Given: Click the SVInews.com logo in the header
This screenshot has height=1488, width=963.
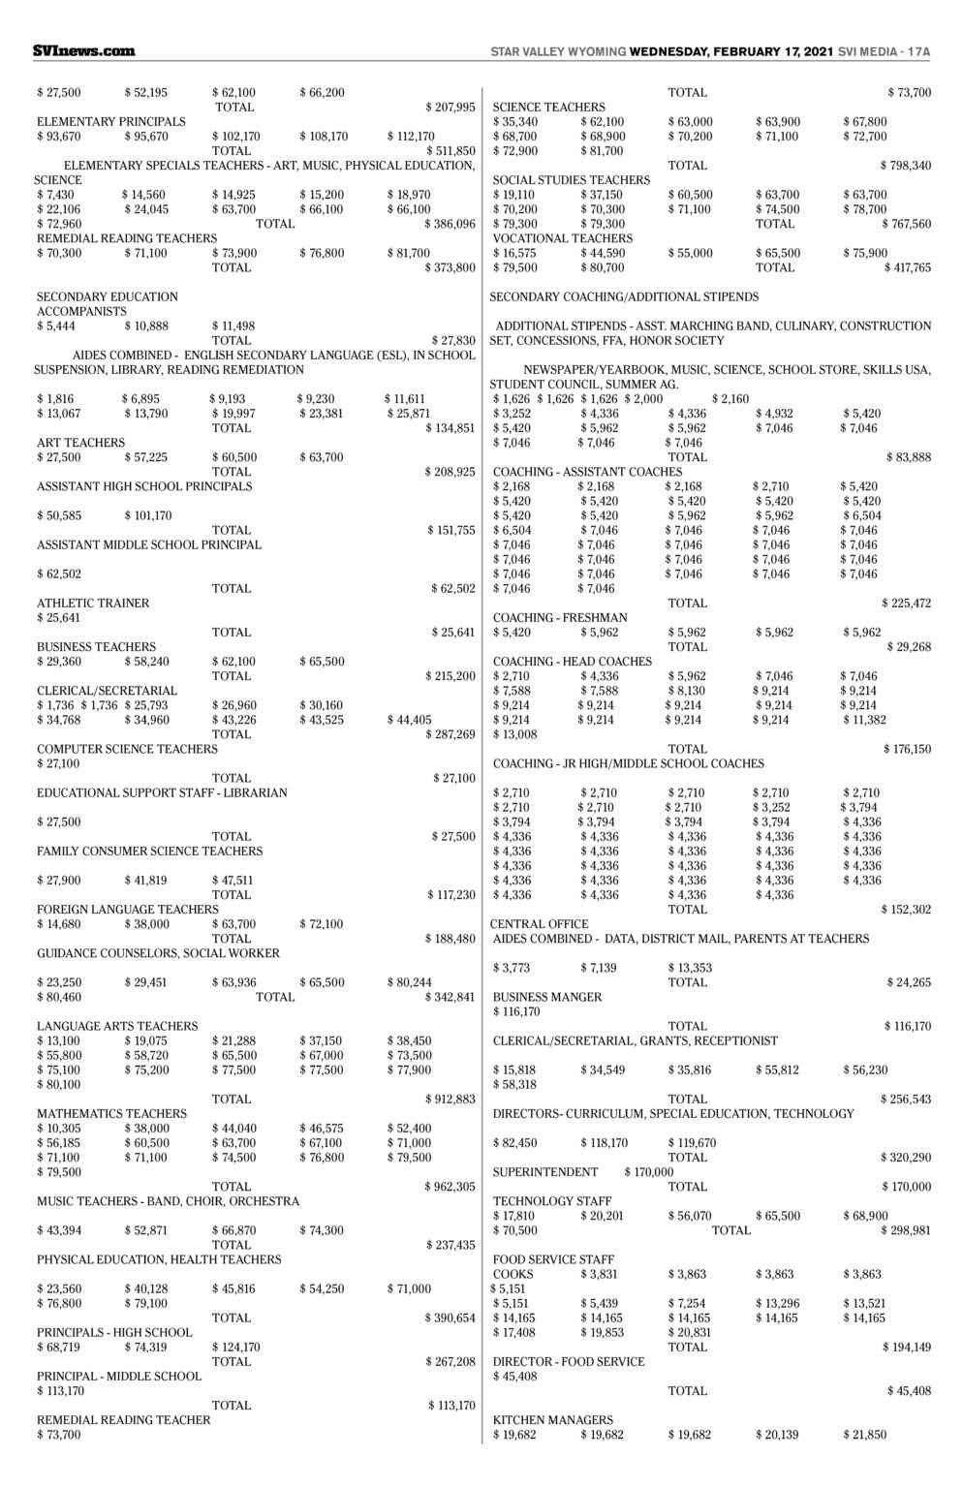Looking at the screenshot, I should [83, 50].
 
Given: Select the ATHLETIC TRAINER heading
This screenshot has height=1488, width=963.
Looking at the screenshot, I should [93, 603].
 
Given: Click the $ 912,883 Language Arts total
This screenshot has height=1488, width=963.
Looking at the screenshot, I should [450, 1099].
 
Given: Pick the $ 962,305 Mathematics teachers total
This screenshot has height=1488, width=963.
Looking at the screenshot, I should [450, 1186].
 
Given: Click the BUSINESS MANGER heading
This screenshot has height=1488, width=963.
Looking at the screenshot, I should [547, 997].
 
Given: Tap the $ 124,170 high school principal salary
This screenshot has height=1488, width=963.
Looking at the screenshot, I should [236, 1347].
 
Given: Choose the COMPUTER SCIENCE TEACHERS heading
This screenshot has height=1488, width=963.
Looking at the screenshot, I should [127, 749].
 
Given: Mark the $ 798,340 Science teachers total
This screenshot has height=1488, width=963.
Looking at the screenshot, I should [905, 166].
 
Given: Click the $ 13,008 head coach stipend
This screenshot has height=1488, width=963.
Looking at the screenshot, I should [514, 734].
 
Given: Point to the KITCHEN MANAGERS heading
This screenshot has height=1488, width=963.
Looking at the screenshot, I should [553, 1419].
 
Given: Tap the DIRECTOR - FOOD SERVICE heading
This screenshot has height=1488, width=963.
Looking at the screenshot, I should [569, 1361].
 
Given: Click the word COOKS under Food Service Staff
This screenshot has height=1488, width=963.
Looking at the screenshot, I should [513, 1274].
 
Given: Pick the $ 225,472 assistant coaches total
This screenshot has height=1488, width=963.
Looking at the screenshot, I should [906, 603].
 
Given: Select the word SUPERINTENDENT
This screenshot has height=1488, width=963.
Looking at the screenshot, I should [545, 1172].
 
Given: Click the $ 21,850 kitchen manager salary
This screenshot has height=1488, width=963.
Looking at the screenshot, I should [864, 1434].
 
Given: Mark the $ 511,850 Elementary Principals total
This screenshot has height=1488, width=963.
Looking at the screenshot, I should [450, 150].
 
